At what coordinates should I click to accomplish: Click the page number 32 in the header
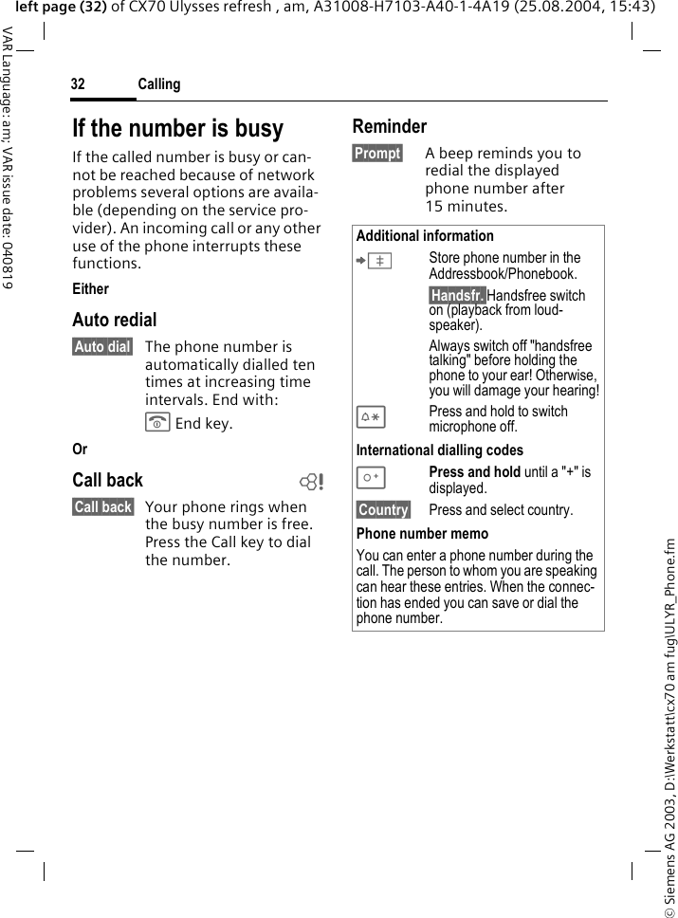click(78, 85)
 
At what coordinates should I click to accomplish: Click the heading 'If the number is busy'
click(178, 128)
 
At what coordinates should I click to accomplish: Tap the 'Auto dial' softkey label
click(102, 347)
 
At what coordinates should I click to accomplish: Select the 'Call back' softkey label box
click(102, 507)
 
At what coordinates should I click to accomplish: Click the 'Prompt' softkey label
click(377, 154)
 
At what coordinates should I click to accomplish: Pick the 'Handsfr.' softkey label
click(457, 296)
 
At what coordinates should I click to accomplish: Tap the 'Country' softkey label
click(383, 510)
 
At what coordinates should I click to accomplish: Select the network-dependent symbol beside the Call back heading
click(309, 481)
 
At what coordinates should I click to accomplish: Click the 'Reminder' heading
click(390, 126)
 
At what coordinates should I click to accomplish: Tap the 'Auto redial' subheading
click(115, 320)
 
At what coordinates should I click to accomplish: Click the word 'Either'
click(91, 289)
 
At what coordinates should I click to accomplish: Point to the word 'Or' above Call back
click(80, 450)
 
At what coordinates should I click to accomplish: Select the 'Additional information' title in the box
click(425, 236)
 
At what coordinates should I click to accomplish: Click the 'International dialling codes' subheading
click(440, 450)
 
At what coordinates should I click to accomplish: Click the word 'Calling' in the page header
click(158, 85)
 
